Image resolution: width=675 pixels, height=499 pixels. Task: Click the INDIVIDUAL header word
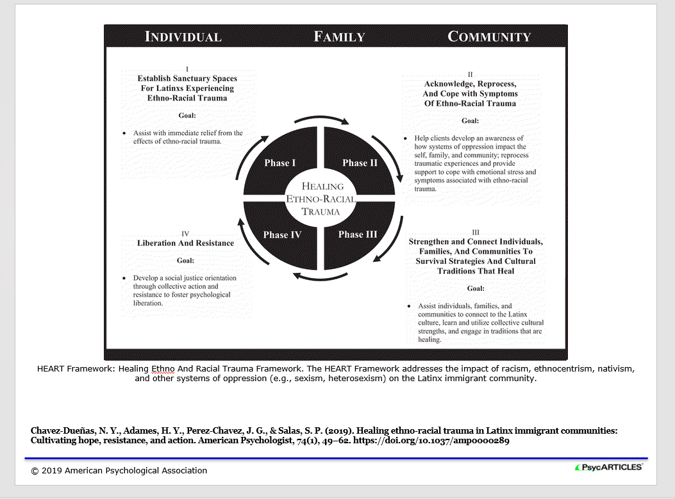[183, 37]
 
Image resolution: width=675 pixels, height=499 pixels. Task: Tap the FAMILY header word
[339, 37]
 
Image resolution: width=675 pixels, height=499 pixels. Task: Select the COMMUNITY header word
[489, 37]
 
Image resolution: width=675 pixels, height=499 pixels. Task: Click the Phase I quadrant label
[280, 163]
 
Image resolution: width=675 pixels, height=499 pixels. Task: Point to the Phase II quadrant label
[360, 163]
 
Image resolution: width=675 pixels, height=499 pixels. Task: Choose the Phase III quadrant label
[358, 234]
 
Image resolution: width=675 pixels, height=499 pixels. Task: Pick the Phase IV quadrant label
[282, 235]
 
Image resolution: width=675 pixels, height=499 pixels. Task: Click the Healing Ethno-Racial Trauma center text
[321, 199]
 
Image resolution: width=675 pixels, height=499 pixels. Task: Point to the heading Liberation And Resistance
[185, 243]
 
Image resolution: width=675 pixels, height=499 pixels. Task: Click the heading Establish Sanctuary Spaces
[187, 78]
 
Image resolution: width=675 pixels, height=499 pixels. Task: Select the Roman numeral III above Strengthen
[475, 233]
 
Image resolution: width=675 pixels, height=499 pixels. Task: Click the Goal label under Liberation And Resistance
[185, 261]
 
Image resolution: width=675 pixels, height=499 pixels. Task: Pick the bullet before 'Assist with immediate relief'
[124, 133]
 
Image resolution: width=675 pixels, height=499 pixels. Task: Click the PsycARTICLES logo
[608, 467]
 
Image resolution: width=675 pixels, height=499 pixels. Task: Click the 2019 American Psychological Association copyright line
[119, 471]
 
